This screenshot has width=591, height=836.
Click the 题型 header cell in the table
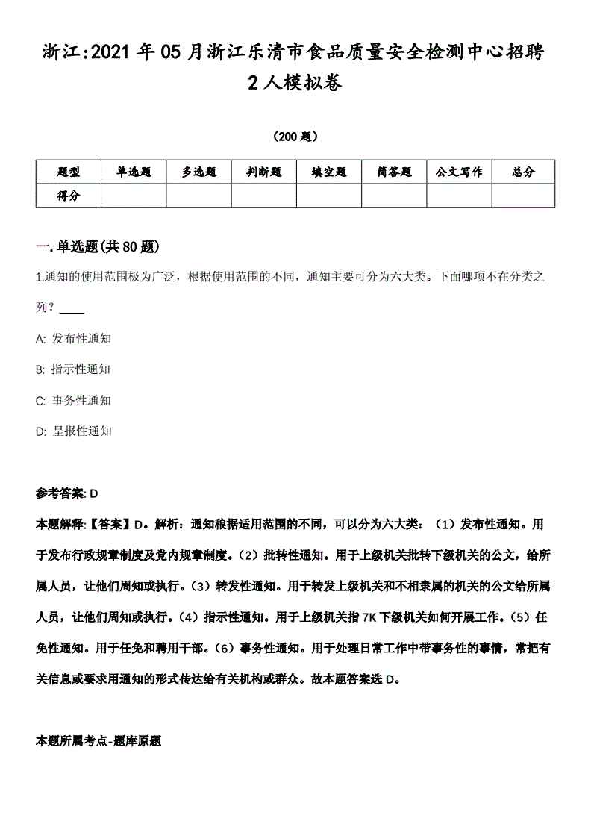tap(68, 172)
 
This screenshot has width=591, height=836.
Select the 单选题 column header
tap(134, 172)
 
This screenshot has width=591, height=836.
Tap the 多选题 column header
tap(198, 172)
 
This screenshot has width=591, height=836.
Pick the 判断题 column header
tap(264, 172)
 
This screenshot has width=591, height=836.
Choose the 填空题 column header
tap(329, 172)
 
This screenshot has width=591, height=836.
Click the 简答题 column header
tap(394, 172)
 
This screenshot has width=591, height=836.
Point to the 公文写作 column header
tap(459, 172)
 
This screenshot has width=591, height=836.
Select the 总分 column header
tap(523, 172)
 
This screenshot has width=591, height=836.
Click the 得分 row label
tap(68, 196)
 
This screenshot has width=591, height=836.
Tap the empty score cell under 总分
tap(523, 196)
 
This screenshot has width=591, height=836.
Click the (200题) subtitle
tap(295, 137)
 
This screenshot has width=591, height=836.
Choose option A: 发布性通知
tap(73, 338)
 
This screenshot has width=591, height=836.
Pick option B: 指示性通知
tap(73, 369)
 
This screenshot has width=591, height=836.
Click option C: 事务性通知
tap(73, 400)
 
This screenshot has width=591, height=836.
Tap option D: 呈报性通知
tap(73, 431)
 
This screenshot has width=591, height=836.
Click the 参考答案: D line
tap(67, 493)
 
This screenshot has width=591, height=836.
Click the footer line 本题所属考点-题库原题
tap(98, 742)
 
